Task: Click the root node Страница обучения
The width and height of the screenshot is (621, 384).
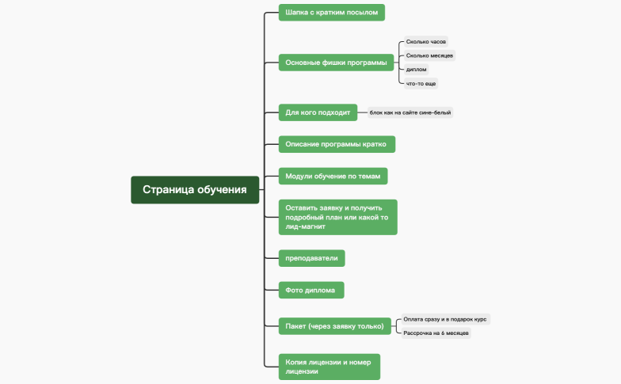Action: coord(195,189)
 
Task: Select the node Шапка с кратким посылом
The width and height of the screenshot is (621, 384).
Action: coord(332,12)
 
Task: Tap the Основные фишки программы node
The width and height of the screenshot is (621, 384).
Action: coord(337,63)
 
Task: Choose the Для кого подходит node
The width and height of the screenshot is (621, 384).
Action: coord(318,112)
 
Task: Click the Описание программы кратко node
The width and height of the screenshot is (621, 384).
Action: coord(337,144)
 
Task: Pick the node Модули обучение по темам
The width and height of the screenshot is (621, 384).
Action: coord(333,176)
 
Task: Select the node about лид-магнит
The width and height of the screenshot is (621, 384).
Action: coord(337,217)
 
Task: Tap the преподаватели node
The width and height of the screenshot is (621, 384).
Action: coord(312,258)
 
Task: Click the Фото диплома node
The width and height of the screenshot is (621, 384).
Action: coord(311,290)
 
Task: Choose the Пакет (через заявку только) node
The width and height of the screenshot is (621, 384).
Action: coord(335,325)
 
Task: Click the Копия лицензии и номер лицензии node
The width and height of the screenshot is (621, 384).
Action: coord(329,366)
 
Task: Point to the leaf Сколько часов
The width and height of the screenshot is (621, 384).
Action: coord(426,41)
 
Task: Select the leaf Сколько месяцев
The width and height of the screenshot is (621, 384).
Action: coord(429,55)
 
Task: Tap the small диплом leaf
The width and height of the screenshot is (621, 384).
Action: coord(416,70)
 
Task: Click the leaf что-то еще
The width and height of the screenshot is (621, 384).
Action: coord(421,83)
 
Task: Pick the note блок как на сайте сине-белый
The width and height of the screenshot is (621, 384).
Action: coord(410,112)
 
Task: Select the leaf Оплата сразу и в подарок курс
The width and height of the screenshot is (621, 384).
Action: coord(444,319)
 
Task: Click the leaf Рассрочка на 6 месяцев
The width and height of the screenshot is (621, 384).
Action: coord(436,333)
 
